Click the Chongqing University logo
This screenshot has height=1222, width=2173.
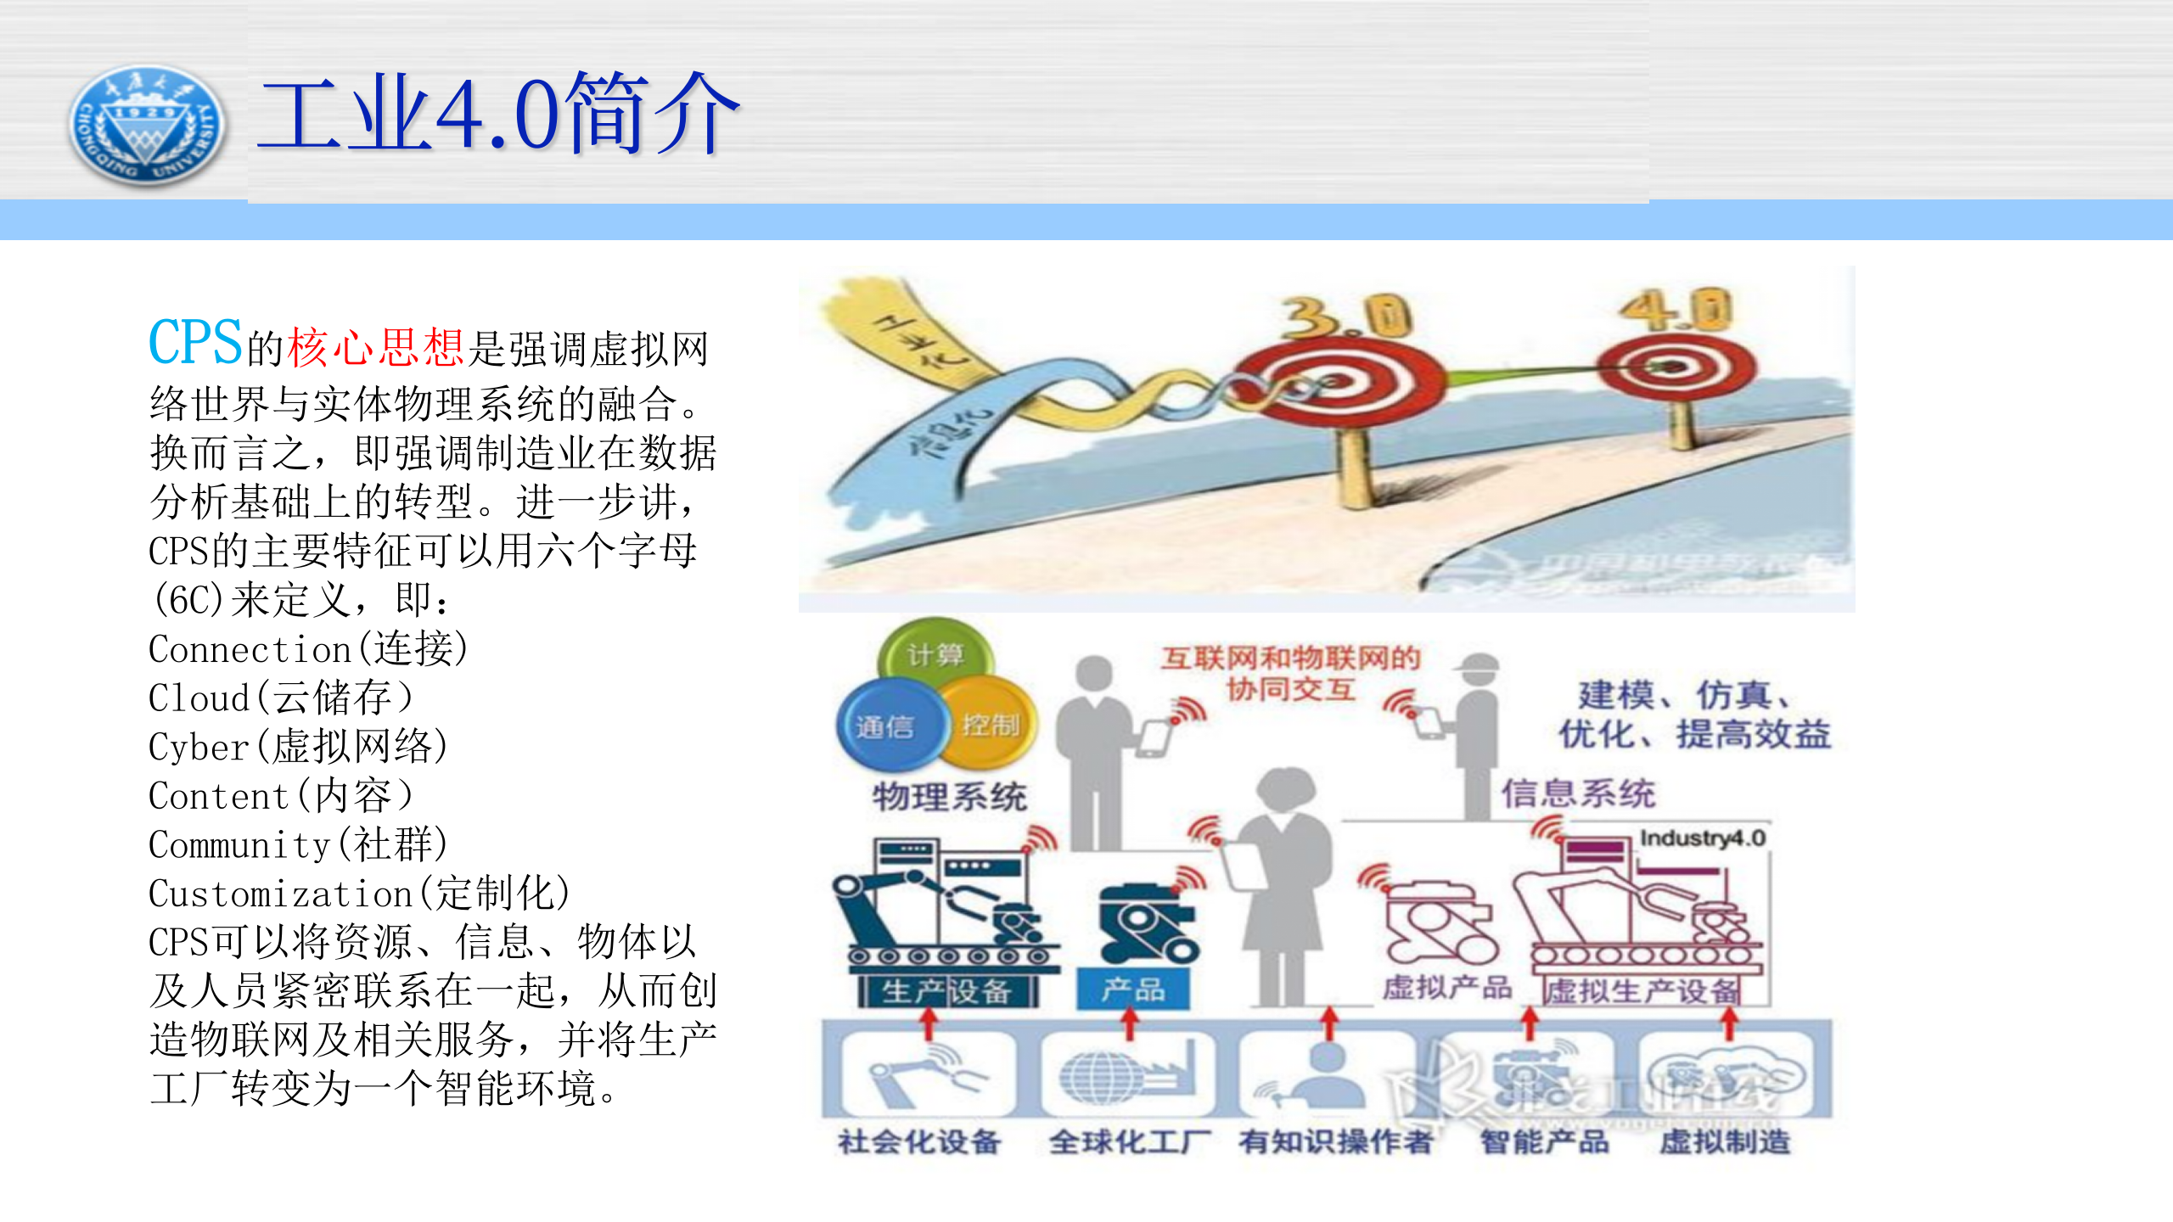coord(147,126)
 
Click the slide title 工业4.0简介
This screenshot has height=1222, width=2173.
coord(499,114)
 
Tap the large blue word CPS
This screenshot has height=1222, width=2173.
coord(195,343)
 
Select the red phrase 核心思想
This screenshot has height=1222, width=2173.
coord(375,348)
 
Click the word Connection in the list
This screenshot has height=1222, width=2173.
coord(250,650)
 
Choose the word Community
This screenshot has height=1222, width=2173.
coord(239,845)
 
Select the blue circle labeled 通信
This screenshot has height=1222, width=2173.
coord(885,726)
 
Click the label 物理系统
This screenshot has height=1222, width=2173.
coord(949,796)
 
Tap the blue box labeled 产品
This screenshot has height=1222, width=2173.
coord(1133,989)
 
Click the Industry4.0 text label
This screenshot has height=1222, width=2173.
coord(1702,838)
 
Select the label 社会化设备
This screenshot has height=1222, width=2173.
coord(919,1142)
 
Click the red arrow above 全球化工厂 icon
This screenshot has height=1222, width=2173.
coord(1130,1023)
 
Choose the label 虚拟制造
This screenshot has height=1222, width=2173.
coord(1725,1142)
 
